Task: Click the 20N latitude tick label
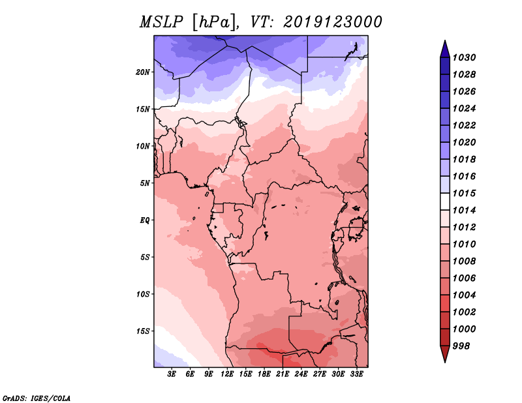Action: (143, 72)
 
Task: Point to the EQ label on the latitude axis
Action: (145, 220)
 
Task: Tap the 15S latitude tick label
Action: (143, 331)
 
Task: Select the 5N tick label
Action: (145, 183)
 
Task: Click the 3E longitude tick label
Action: (172, 374)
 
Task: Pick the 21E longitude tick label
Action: (283, 374)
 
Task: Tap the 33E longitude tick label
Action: (356, 374)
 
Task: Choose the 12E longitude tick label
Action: (227, 374)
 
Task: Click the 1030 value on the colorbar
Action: (464, 57)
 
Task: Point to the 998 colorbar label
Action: (461, 346)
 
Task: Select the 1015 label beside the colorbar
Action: (464, 193)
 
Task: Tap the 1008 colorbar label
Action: (464, 261)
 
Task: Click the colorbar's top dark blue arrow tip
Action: (445, 40)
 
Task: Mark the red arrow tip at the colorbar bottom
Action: (445, 362)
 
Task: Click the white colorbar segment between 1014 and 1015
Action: (445, 201)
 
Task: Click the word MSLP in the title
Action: (161, 22)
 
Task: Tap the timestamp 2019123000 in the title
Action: (333, 22)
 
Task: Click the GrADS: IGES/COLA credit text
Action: (37, 398)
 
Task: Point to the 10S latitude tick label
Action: (143, 294)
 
